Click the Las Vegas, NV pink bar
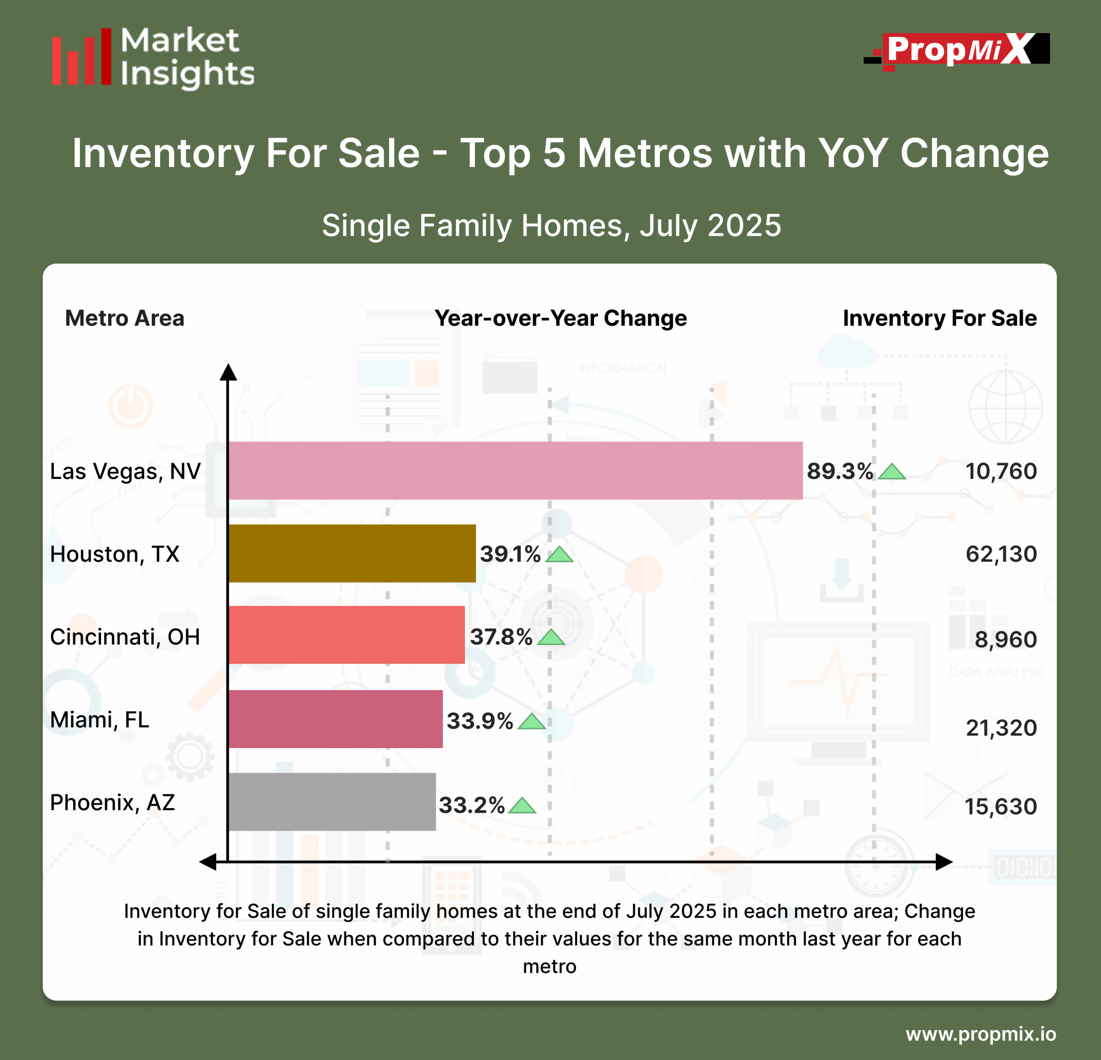coord(515,471)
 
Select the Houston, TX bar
coord(352,553)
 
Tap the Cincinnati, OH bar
coord(347,635)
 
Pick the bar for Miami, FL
coord(335,719)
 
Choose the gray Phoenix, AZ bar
coord(332,801)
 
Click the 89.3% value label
coord(840,471)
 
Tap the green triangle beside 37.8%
coord(551,638)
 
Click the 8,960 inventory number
coord(1006,640)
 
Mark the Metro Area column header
coord(125,318)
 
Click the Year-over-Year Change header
coord(561,318)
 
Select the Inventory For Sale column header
coord(940,318)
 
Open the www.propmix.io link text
coord(981,1034)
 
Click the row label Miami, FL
coord(100,720)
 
